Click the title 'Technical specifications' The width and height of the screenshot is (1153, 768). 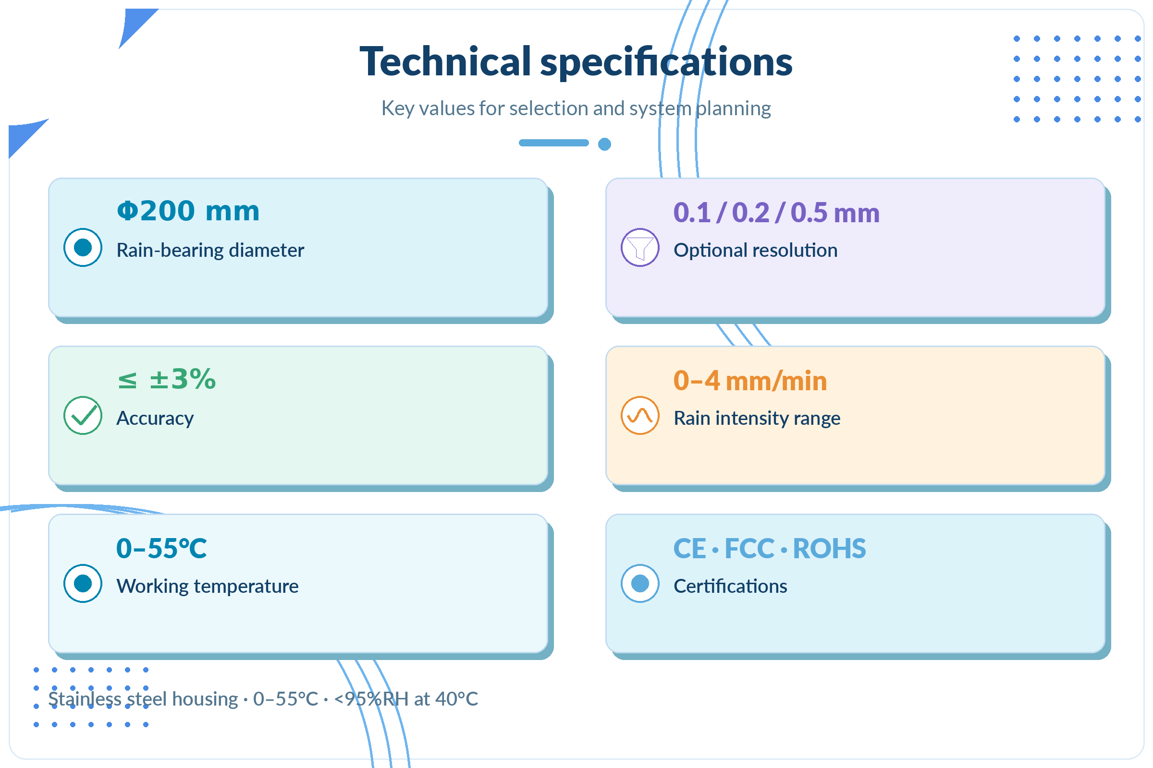click(x=576, y=62)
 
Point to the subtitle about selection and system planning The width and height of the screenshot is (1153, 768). click(x=576, y=108)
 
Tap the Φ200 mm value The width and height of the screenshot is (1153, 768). click(x=188, y=211)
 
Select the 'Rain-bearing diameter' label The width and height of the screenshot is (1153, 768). click(x=210, y=250)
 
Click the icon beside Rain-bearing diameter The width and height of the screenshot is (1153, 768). click(x=83, y=247)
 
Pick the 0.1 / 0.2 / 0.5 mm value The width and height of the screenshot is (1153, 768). click(x=776, y=213)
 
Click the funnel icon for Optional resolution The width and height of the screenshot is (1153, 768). click(x=640, y=247)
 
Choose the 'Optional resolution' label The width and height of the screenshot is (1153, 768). click(x=755, y=250)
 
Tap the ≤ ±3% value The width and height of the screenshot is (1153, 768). click(x=167, y=379)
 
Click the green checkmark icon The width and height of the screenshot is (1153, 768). click(x=83, y=415)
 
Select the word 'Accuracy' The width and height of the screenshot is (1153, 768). click(x=155, y=419)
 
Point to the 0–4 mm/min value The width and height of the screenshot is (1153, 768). click(x=750, y=381)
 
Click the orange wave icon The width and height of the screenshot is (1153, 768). click(x=640, y=415)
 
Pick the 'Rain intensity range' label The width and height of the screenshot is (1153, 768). click(x=757, y=418)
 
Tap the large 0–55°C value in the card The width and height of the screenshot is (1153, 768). click(x=161, y=548)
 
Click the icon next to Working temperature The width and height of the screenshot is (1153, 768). click(x=83, y=583)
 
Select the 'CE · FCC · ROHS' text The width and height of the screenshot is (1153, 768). click(x=770, y=549)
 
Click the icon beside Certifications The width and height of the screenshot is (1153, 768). click(x=640, y=583)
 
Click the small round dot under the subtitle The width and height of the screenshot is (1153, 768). click(x=604, y=144)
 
